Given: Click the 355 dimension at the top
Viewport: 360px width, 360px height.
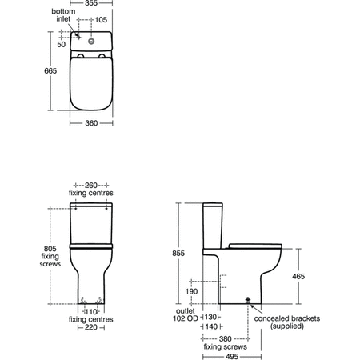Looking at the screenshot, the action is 91,3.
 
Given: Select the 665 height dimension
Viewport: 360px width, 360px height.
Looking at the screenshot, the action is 50,70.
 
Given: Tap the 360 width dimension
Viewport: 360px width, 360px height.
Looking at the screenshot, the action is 91,123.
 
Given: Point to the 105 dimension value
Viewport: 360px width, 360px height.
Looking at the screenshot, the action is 101,20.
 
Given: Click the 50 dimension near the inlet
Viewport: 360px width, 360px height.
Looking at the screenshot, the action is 62,44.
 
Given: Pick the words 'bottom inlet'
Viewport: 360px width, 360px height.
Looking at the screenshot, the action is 63,15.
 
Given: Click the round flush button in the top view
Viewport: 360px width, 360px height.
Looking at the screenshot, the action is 91,41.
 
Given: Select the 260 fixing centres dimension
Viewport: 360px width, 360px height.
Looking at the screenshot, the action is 91,185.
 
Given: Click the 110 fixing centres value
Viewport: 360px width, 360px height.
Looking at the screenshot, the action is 91,311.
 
